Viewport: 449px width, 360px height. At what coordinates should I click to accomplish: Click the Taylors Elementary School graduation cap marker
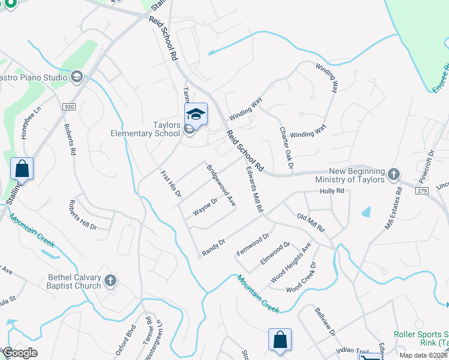pyautogui.click(x=196, y=113)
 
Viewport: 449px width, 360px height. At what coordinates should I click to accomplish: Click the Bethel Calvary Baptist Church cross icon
pyautogui.click(x=110, y=280)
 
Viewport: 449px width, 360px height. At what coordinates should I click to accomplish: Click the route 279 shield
pyautogui.click(x=422, y=190)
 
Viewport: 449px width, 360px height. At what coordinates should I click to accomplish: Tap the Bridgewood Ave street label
pyautogui.click(x=220, y=186)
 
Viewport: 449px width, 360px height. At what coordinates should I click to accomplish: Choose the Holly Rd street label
pyautogui.click(x=331, y=191)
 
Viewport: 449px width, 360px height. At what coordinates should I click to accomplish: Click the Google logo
pyautogui.click(x=20, y=353)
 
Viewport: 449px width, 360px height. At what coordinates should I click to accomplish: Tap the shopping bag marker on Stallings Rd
pyautogui.click(x=22, y=168)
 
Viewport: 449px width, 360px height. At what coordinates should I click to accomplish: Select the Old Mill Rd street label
pyautogui.click(x=311, y=222)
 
